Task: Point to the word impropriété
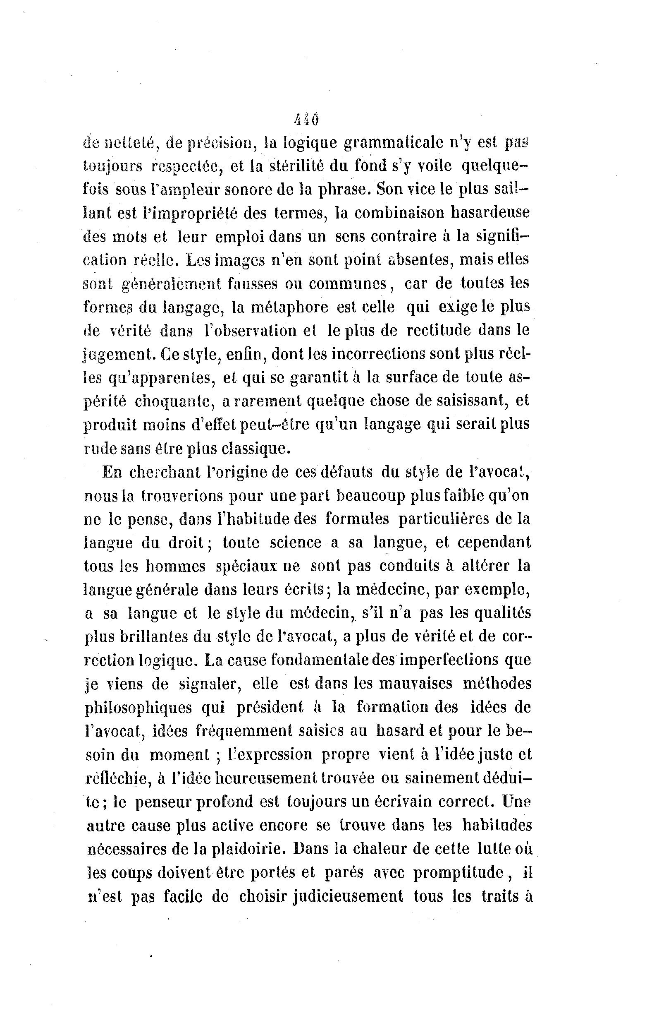tap(188, 213)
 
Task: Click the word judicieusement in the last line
tap(347, 896)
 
